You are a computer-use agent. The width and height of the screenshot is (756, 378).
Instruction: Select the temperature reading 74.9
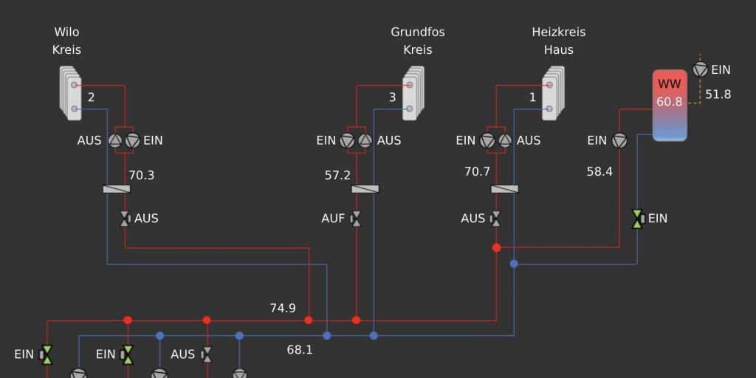click(283, 308)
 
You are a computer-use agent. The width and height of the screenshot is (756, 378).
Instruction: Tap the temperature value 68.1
click(300, 349)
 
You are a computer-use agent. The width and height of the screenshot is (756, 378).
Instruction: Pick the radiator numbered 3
click(413, 93)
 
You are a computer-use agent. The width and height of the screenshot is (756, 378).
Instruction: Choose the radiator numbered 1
click(553, 93)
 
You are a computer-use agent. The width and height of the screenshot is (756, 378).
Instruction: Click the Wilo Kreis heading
click(66, 41)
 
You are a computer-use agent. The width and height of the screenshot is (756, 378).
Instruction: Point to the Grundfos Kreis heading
click(418, 41)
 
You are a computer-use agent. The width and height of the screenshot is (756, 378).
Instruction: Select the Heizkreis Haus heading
click(558, 41)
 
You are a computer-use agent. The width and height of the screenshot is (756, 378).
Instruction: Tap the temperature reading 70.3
click(142, 176)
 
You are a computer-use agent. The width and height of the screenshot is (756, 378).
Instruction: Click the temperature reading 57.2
click(337, 176)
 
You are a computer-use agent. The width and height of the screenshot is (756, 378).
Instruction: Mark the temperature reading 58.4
click(599, 171)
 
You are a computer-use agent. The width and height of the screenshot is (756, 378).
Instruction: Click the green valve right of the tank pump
click(637, 219)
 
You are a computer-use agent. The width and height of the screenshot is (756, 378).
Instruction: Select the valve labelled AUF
click(356, 219)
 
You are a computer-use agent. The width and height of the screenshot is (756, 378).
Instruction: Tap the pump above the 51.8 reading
click(701, 69)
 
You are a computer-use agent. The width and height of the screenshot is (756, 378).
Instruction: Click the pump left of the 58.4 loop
click(619, 140)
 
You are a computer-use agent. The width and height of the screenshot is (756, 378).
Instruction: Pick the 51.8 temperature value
click(718, 94)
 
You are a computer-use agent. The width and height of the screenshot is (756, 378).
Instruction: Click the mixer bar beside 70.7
click(504, 189)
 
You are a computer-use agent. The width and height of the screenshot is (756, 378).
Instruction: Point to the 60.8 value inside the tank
click(670, 102)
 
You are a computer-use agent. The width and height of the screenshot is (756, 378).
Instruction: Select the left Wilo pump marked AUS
click(116, 140)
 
